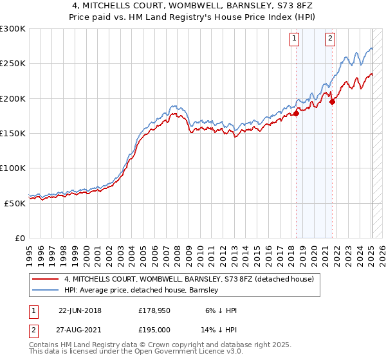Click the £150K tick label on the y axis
pyautogui.click(x=13, y=133)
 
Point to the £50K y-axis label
pyautogui.click(x=15, y=203)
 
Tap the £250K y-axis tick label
pyautogui.click(x=13, y=64)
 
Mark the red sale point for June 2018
pyautogui.click(x=297, y=114)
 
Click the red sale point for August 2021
pyautogui.click(x=333, y=101)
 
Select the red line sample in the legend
pyautogui.click(x=46, y=279)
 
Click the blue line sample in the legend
pyautogui.click(x=46, y=290)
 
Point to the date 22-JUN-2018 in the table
pyautogui.click(x=80, y=310)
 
